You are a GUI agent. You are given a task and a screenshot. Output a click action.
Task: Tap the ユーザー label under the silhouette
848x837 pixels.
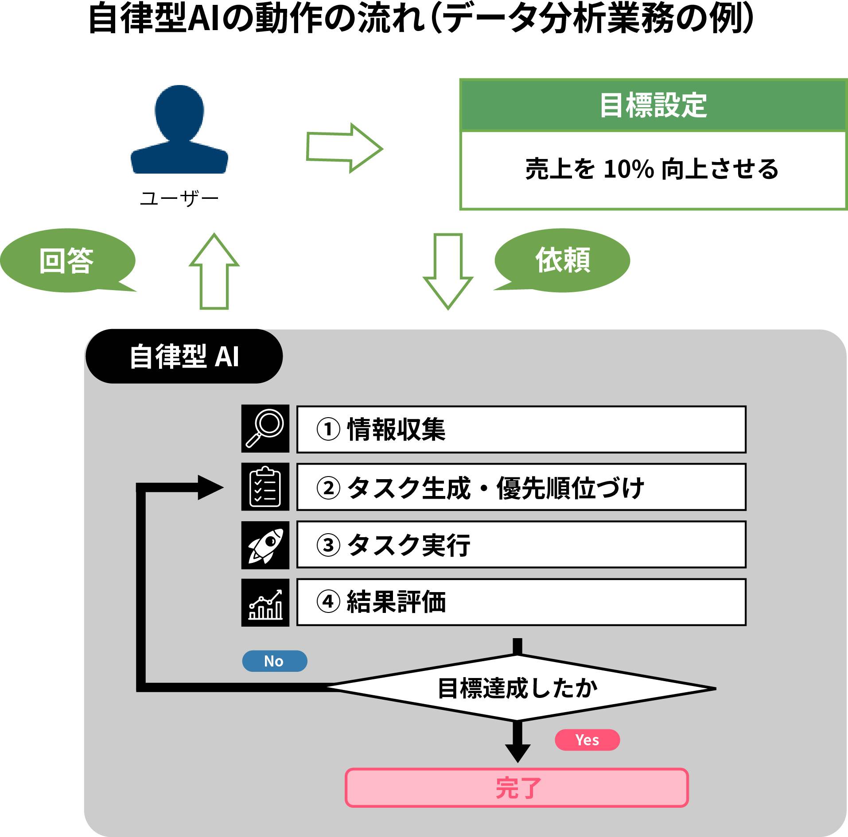click(x=179, y=198)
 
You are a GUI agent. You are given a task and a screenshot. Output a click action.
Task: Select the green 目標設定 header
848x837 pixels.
click(x=653, y=105)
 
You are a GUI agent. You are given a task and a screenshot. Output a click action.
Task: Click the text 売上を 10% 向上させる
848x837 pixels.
click(x=652, y=169)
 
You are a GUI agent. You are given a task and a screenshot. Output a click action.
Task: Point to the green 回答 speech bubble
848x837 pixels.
click(x=67, y=260)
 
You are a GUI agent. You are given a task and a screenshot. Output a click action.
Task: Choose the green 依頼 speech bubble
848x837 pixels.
click(x=562, y=260)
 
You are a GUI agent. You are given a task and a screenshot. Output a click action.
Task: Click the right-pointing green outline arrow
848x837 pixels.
click(x=344, y=148)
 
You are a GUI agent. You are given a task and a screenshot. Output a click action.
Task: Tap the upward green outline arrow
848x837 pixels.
click(x=214, y=271)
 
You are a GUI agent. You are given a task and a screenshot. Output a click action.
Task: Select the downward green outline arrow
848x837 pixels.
click(x=448, y=271)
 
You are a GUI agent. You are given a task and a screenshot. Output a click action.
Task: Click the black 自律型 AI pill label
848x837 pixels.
click(x=184, y=356)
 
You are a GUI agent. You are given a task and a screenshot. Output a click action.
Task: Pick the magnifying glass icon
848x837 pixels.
click(x=265, y=428)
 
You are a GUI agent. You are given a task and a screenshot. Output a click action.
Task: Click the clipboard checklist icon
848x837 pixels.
click(x=265, y=487)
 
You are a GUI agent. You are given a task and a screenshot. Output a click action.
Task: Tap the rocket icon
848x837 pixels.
click(x=265, y=545)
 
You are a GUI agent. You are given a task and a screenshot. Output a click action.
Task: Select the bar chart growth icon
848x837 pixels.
click(x=265, y=602)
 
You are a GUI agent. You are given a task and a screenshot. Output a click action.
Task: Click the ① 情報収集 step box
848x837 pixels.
click(x=521, y=429)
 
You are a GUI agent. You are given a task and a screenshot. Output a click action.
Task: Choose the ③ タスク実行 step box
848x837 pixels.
click(x=521, y=545)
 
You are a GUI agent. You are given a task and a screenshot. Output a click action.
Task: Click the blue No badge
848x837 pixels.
click(x=274, y=661)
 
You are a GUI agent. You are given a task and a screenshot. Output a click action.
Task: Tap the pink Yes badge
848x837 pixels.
click(x=587, y=740)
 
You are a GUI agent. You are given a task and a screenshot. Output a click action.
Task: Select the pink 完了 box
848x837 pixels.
click(x=517, y=788)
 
